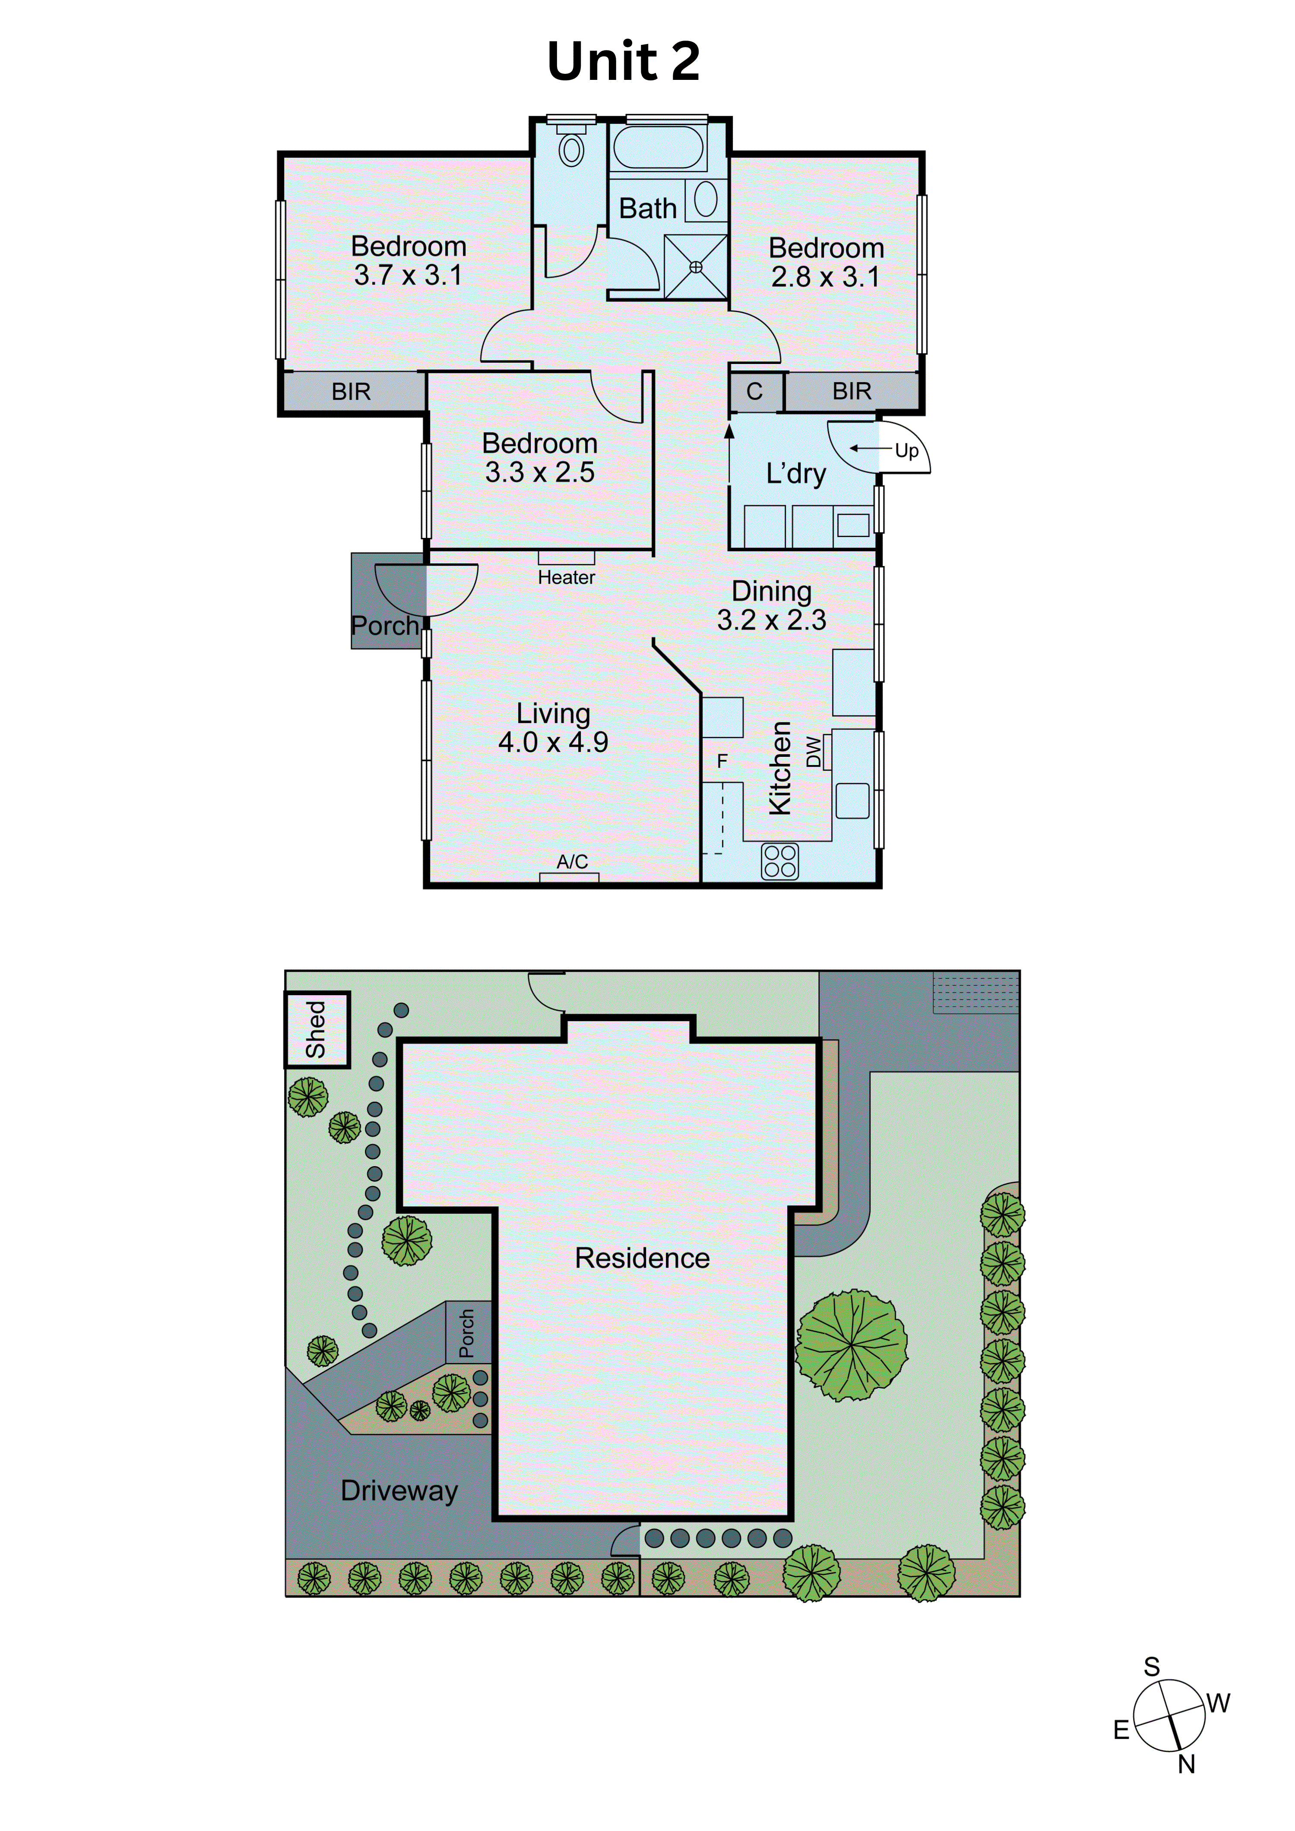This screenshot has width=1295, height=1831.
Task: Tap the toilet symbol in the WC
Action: pos(571,149)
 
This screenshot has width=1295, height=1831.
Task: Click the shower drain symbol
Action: pos(695,267)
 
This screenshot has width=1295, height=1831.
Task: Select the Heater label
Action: pos(566,577)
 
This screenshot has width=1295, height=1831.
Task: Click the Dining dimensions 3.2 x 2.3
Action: pos(771,620)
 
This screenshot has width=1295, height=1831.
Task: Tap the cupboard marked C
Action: pos(754,392)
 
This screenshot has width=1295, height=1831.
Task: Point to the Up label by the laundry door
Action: pos(907,451)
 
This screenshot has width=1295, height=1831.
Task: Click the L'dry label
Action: pos(796,474)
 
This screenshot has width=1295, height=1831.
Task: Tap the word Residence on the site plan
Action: pos(642,1258)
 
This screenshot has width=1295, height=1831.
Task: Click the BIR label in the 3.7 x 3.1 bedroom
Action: pos(351,392)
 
